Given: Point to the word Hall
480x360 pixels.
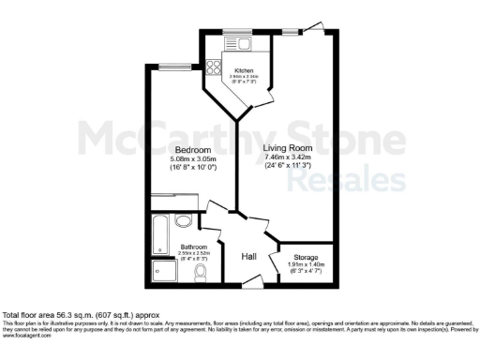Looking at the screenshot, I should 249,257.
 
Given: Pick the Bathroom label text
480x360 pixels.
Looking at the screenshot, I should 194,248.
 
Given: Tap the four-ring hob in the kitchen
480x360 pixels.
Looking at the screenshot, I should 213,67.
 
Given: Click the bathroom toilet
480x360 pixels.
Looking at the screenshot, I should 202,273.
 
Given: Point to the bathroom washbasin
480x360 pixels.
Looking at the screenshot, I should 185,221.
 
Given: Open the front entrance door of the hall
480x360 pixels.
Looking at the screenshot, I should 249,281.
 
